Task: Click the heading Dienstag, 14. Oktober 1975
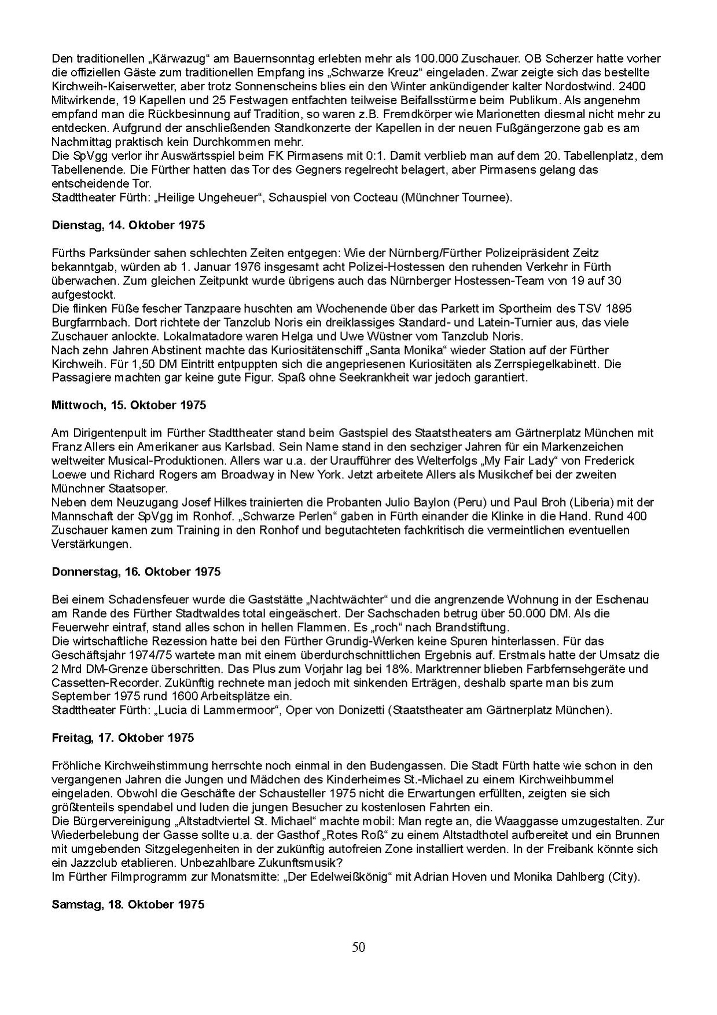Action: pos(128,225)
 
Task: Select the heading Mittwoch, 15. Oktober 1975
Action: pos(128,405)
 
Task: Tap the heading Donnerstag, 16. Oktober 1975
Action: pos(136,571)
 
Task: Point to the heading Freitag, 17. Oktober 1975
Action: pos(123,738)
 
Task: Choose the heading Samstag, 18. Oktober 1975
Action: pos(128,904)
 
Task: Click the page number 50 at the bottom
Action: pos(358,948)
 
